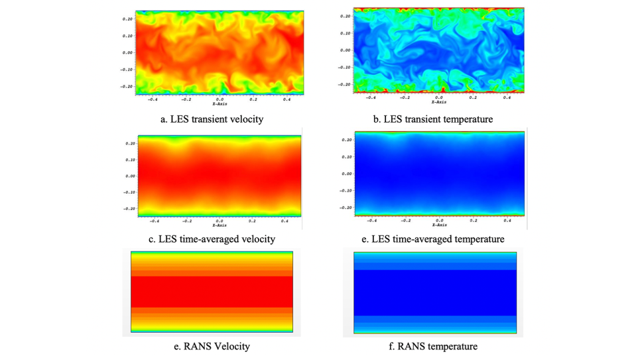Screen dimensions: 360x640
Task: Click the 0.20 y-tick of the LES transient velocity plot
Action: (128, 19)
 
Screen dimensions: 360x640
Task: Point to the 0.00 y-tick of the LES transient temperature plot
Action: (346, 50)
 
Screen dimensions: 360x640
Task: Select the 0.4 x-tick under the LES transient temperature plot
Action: (507, 97)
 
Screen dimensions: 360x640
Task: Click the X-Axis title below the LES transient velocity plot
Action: (219, 104)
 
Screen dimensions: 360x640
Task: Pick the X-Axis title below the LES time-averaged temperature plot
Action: (438, 225)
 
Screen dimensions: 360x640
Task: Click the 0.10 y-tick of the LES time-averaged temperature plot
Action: (346, 157)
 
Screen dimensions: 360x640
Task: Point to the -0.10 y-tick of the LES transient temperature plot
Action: (344, 67)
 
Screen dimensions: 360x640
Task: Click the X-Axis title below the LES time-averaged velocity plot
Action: (219, 225)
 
